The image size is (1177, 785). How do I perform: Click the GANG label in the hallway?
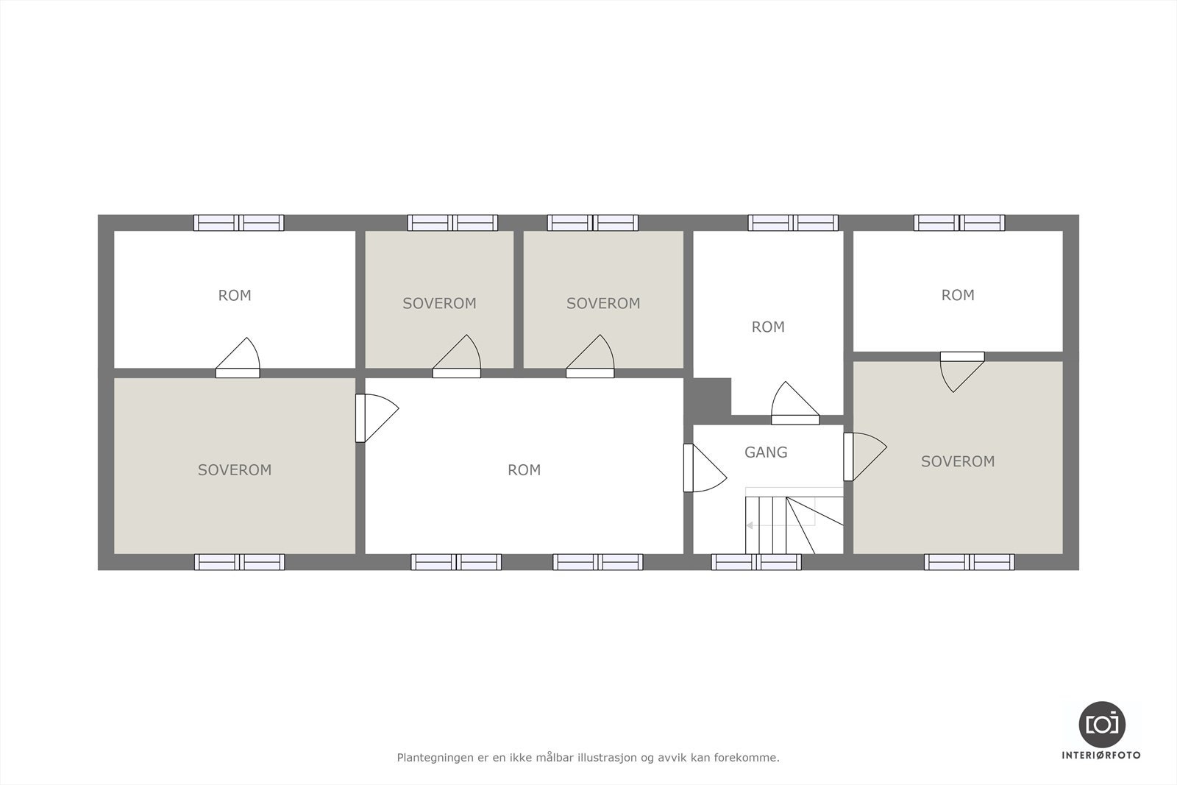click(766, 452)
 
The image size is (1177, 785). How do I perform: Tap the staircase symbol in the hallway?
click(793, 523)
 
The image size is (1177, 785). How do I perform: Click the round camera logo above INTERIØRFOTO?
click(1101, 724)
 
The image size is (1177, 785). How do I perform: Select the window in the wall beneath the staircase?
click(756, 562)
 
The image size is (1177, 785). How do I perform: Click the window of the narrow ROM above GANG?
click(793, 222)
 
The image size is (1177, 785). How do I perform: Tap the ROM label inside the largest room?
click(524, 469)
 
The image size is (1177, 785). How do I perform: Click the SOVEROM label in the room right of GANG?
click(958, 461)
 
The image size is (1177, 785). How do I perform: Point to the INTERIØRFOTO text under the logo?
click(1101, 755)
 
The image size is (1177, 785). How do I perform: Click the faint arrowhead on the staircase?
click(749, 525)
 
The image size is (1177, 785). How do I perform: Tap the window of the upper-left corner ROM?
click(238, 222)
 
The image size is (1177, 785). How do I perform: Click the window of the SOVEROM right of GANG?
click(970, 562)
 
